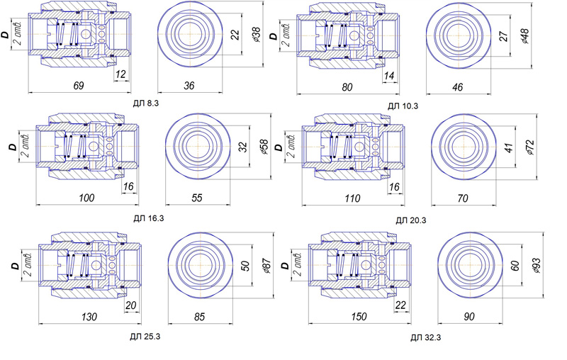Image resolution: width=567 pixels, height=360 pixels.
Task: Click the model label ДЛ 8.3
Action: [146, 103]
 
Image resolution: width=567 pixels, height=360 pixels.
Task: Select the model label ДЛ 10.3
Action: [403, 106]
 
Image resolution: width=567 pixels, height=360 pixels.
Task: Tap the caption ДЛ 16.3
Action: [149, 218]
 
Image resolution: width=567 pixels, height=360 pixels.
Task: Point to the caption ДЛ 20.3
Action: [411, 220]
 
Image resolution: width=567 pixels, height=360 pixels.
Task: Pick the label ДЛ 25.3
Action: [145, 337]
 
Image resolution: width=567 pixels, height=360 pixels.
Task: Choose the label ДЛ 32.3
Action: [426, 338]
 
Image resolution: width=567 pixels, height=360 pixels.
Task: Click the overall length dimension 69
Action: [79, 86]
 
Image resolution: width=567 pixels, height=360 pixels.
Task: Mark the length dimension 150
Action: [359, 317]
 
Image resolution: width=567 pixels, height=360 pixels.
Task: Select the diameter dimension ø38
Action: [256, 34]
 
